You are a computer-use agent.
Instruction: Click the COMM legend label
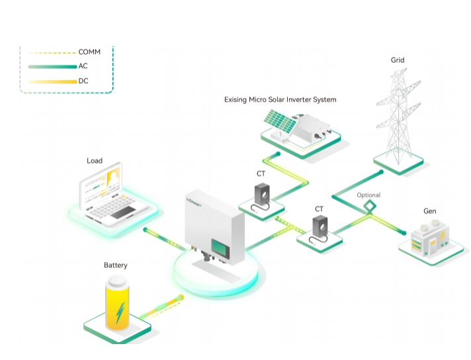pyautogui.click(x=89, y=52)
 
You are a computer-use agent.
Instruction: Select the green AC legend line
pyautogui.click(x=53, y=67)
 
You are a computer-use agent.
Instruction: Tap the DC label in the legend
pyautogui.click(x=83, y=81)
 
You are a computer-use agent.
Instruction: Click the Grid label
pyautogui.click(x=397, y=60)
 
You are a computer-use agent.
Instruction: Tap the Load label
pyautogui.click(x=95, y=161)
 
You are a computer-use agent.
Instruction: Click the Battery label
pyautogui.click(x=116, y=265)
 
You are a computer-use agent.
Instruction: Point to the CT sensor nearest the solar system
pyautogui.click(x=261, y=195)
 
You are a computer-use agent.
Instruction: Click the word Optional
pyautogui.click(x=368, y=195)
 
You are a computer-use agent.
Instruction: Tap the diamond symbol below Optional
pyautogui.click(x=368, y=208)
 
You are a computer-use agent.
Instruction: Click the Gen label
pyautogui.click(x=430, y=212)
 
